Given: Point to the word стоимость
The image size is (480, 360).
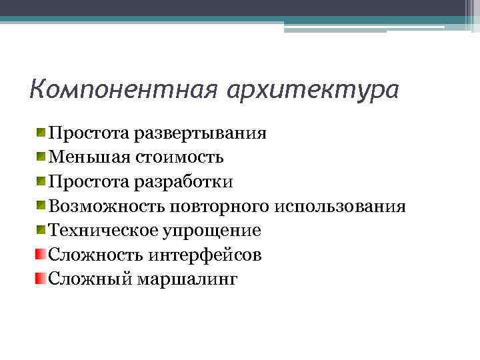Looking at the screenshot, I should pos(180,157).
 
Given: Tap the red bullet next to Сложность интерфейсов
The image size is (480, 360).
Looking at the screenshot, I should pos(41,254).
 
